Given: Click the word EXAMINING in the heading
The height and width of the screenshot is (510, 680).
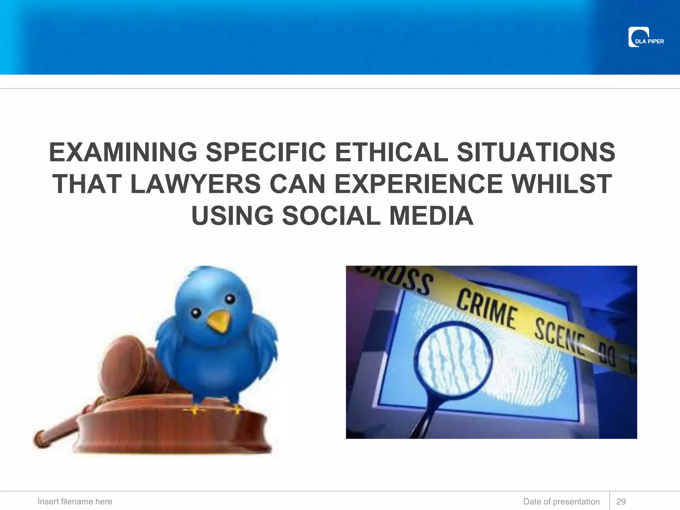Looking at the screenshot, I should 123,152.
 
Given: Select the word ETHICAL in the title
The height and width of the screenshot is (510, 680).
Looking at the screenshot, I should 391,152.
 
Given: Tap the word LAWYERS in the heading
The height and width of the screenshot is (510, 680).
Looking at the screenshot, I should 196,184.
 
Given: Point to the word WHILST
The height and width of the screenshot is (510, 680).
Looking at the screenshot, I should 561,184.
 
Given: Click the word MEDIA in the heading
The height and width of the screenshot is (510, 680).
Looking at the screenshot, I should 431,216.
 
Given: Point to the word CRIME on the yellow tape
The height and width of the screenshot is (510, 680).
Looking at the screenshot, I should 487,309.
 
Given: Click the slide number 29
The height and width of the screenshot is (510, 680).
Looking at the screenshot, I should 621,501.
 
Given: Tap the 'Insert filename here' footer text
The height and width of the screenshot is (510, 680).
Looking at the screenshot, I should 75,501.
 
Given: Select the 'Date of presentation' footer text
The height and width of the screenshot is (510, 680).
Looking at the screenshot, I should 561,501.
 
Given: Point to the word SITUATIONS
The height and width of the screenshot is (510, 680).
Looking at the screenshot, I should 536,152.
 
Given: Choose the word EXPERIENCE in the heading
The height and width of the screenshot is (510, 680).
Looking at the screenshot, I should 419,184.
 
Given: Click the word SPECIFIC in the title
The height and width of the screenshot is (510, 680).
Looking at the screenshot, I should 266,152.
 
